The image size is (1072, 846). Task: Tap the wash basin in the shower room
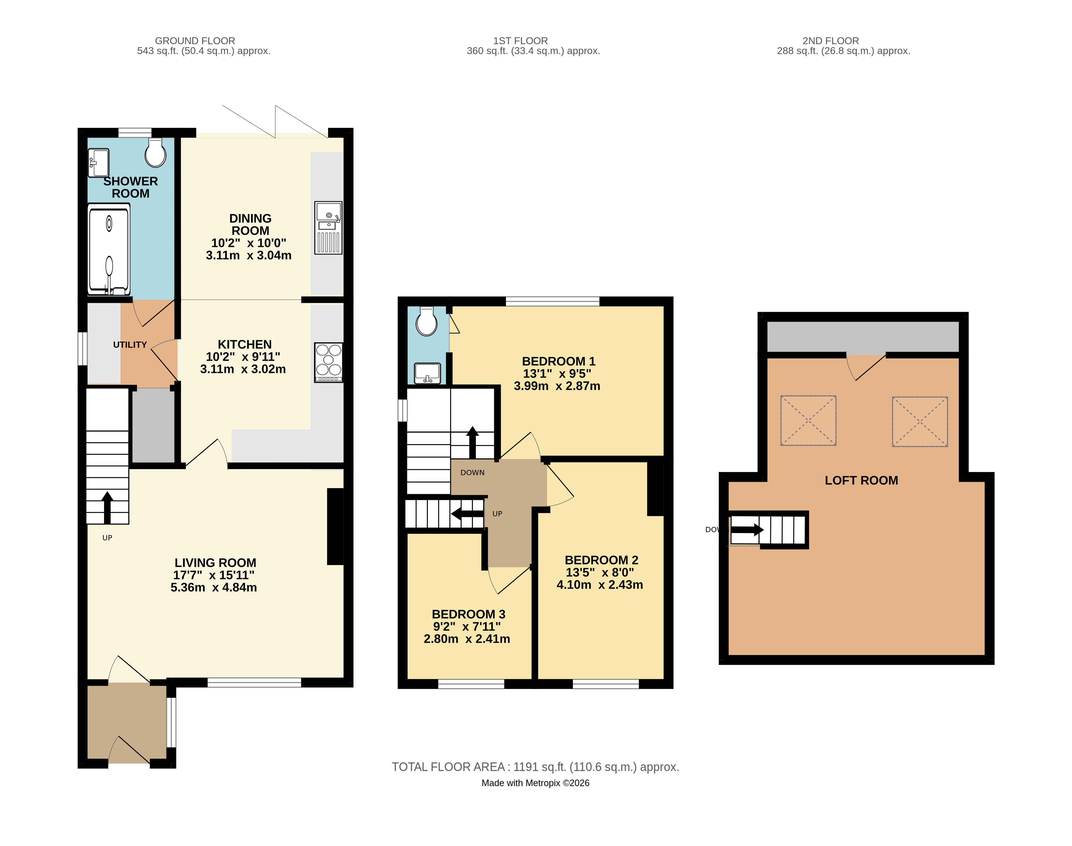(99, 163)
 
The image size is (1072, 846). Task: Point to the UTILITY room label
(130, 345)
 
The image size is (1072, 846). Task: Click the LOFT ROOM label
(861, 481)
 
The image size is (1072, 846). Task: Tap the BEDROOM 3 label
(469, 614)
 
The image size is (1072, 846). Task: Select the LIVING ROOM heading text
(216, 563)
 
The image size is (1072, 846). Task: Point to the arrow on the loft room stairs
(747, 530)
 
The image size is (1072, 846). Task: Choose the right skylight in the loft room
(920, 421)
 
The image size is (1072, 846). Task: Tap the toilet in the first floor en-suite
(427, 321)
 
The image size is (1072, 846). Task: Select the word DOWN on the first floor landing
(472, 472)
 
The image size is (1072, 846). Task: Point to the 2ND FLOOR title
(831, 41)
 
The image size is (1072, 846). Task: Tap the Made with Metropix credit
(536, 783)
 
